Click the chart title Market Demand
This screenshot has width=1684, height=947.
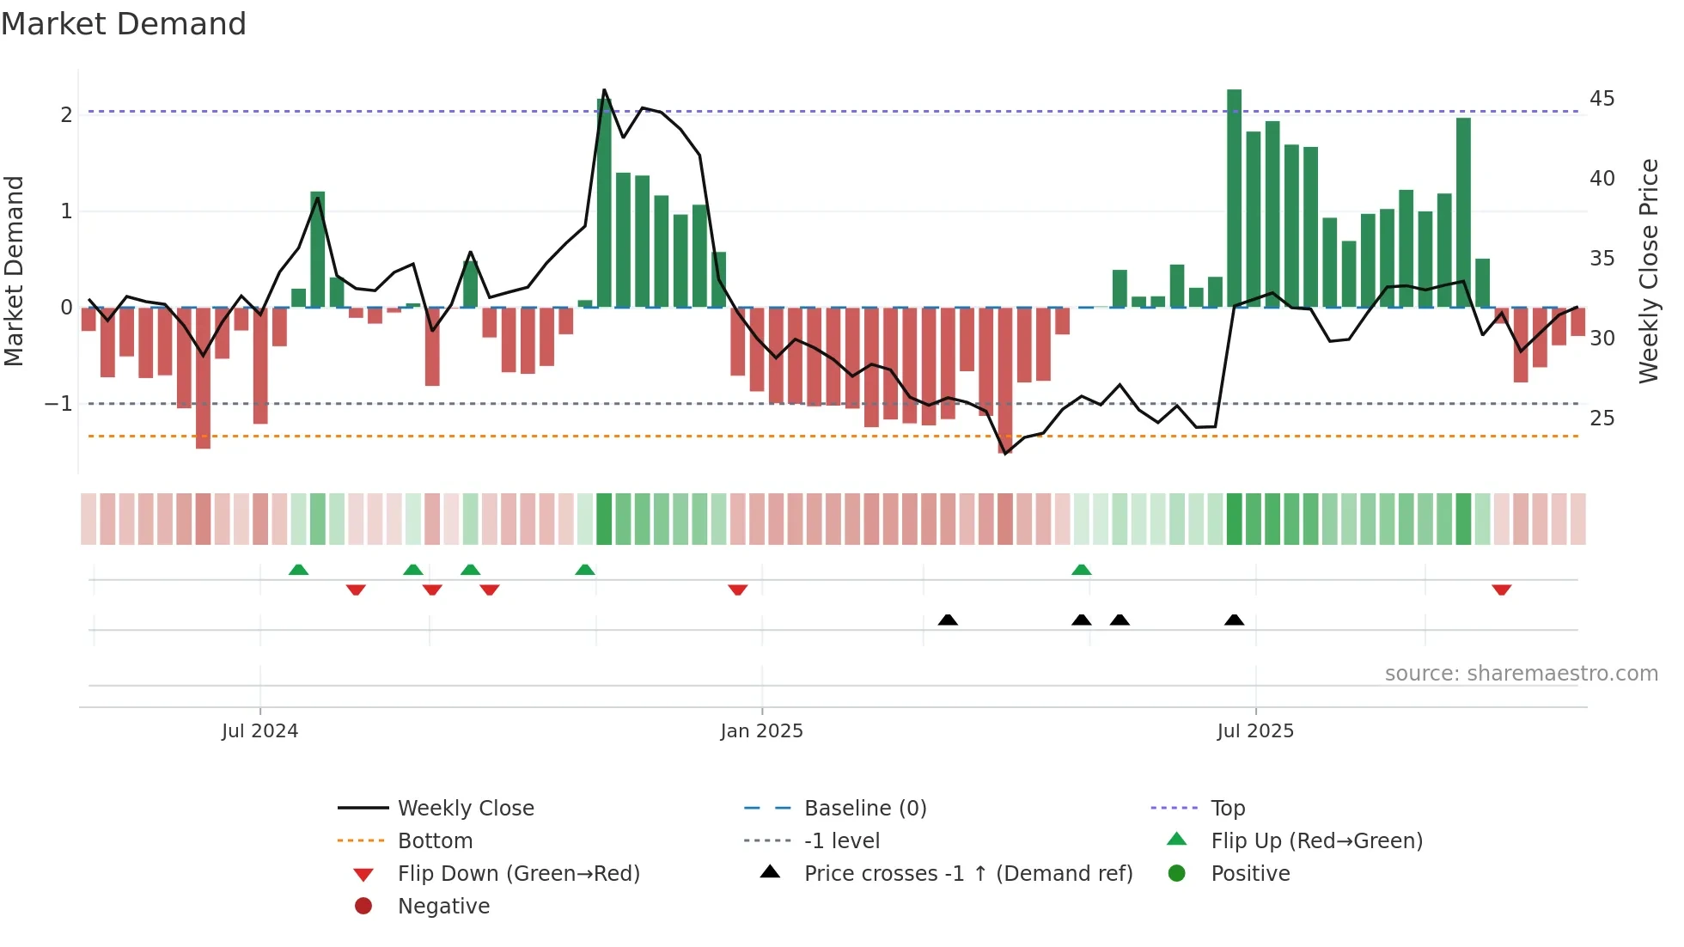click(124, 23)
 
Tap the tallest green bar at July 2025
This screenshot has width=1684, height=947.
click(1234, 198)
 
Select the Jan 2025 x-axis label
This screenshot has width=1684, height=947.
click(761, 731)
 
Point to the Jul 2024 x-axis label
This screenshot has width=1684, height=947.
click(259, 731)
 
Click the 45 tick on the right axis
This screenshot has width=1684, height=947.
click(1602, 99)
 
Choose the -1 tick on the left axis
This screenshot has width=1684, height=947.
click(58, 404)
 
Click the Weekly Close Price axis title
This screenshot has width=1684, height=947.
click(1648, 271)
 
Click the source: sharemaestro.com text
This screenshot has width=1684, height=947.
click(1521, 674)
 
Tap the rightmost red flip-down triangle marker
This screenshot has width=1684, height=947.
click(1501, 590)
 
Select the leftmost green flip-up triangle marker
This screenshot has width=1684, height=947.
click(298, 570)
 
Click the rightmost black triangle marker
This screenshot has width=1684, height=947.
click(1234, 620)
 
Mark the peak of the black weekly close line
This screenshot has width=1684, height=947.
click(604, 90)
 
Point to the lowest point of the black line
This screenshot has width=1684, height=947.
click(1005, 453)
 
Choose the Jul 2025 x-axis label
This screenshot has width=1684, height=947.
click(1254, 731)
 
